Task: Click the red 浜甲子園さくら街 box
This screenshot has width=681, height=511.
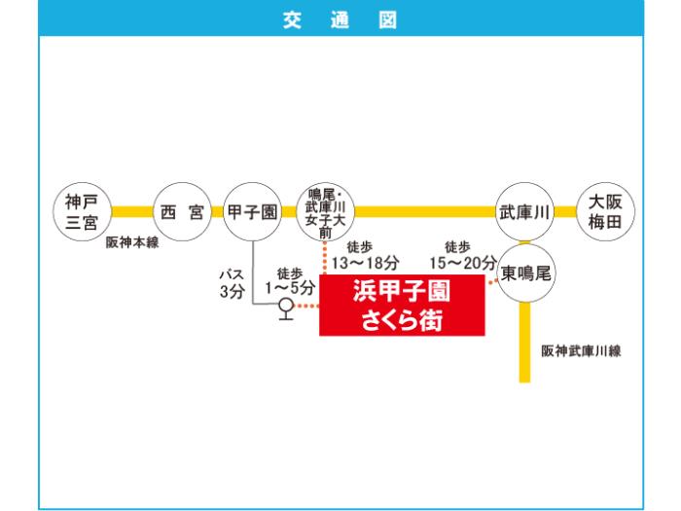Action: pos(402,305)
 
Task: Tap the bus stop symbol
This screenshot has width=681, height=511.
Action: pos(286,309)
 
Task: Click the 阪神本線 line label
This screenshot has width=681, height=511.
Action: pos(132,242)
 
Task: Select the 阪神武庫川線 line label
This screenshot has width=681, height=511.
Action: pos(581,350)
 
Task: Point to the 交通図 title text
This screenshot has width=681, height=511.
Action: pos(340,20)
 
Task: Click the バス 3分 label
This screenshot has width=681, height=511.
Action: pos(233,283)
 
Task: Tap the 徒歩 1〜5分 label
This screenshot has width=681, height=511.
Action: pos(290,281)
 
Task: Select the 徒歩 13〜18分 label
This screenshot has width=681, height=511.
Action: pos(365,256)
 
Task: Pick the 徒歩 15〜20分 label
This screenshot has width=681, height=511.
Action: pos(463,256)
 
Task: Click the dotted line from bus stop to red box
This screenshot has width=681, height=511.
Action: pos(306,307)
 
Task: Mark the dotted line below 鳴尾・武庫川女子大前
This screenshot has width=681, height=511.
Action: pos(325,258)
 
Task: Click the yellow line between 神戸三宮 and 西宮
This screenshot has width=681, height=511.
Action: pos(132,212)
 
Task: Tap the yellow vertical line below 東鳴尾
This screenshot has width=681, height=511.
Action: pos(525,343)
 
